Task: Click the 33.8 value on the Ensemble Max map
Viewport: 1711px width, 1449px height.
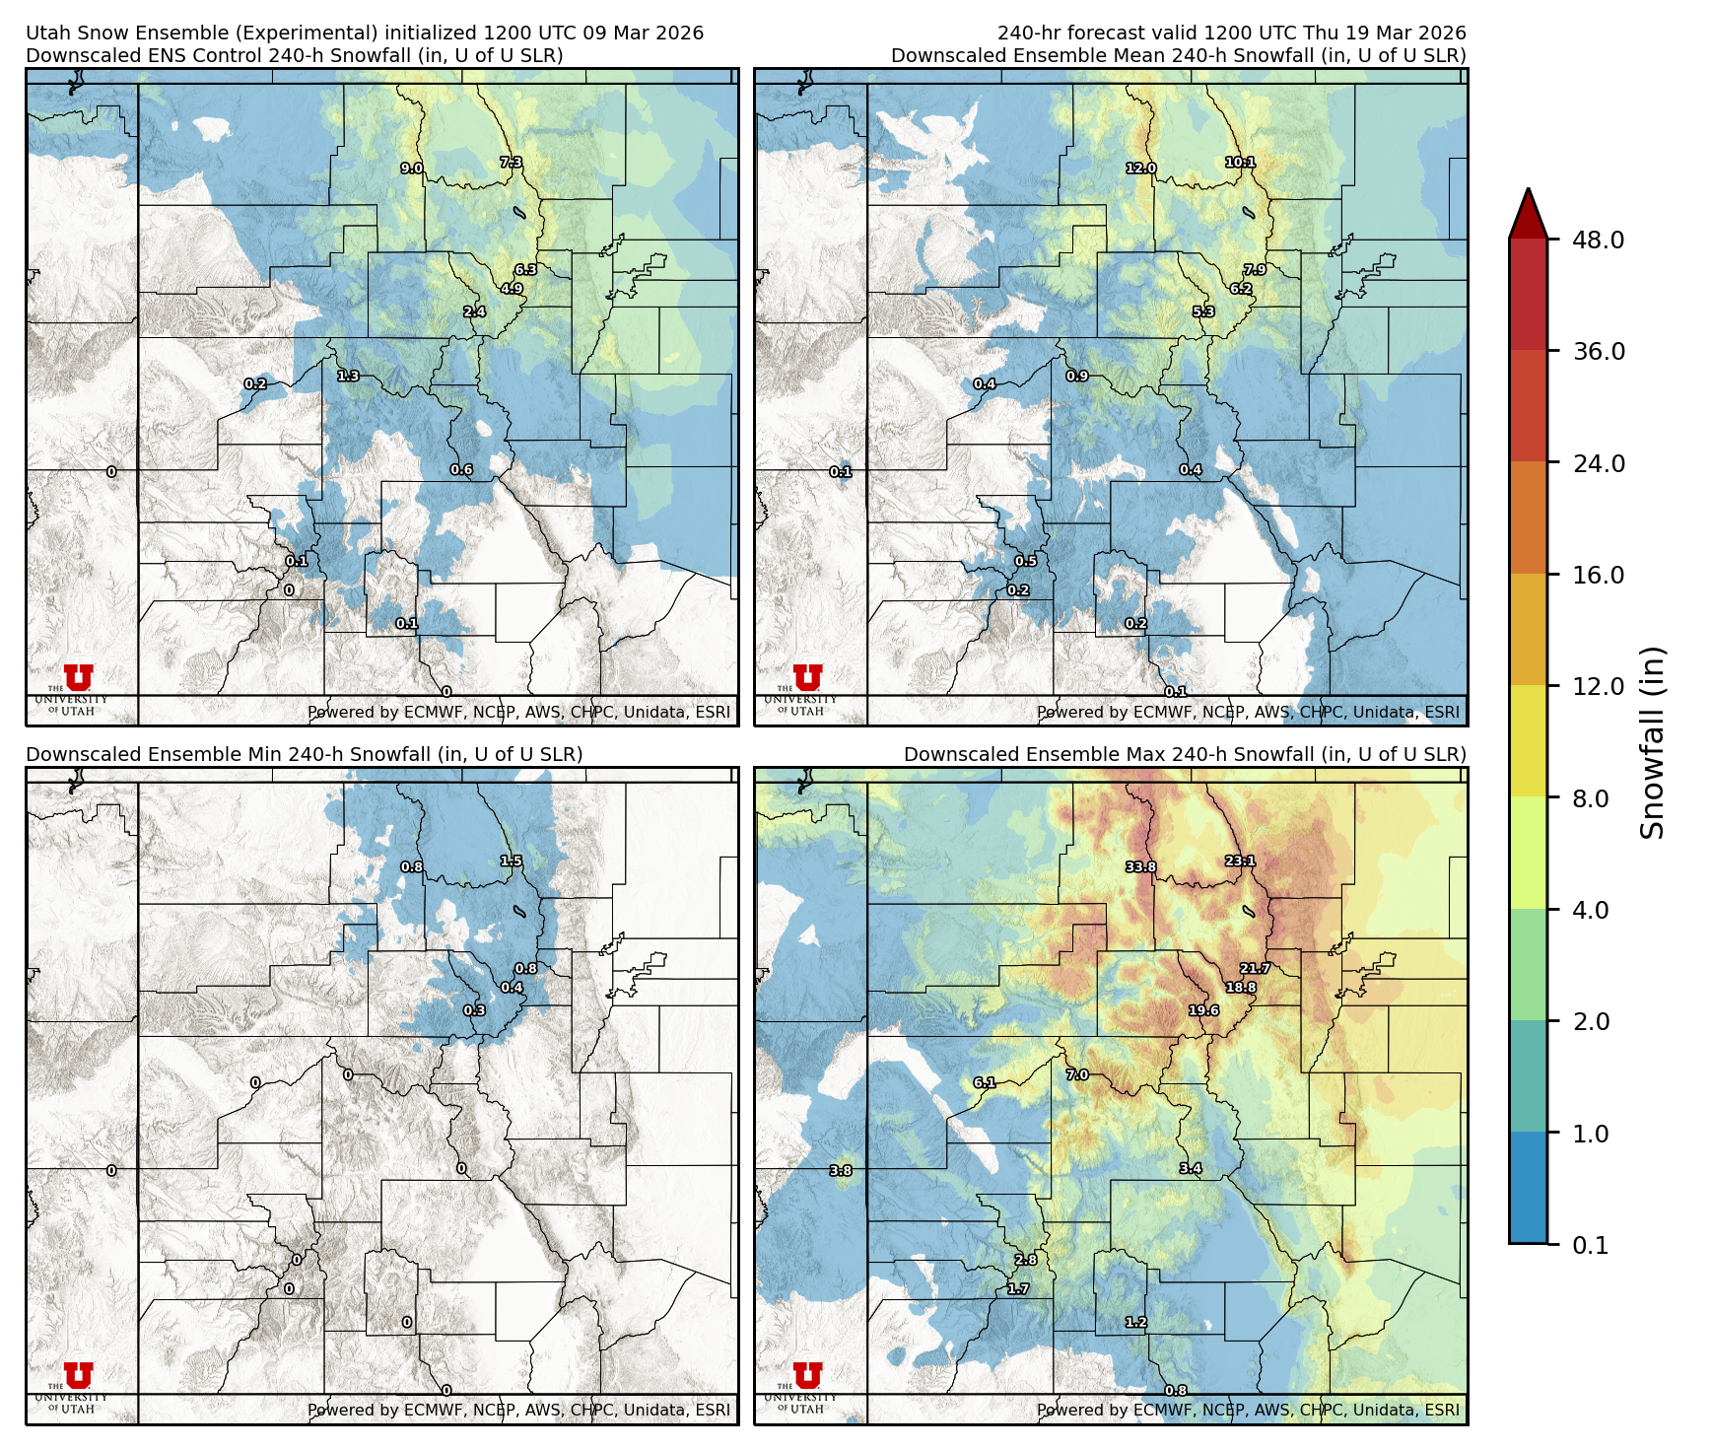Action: coord(1140,867)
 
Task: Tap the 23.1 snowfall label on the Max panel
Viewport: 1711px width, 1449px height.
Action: coord(1240,862)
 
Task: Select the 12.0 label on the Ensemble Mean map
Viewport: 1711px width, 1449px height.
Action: coord(1140,169)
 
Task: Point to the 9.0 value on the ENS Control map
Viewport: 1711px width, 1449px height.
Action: coord(411,169)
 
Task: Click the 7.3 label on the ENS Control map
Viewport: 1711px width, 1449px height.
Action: coord(511,163)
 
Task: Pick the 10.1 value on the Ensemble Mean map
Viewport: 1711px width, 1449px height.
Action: coord(1240,163)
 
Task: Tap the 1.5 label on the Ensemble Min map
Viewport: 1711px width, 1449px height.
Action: coord(511,862)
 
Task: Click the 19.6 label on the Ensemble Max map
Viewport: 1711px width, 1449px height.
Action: coord(1203,1011)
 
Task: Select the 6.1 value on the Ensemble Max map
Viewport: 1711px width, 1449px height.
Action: coord(984,1082)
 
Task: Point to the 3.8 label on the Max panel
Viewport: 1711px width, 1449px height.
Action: coord(841,1171)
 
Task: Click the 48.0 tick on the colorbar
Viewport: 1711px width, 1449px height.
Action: coord(1598,240)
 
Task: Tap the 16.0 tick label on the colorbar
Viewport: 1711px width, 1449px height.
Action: coord(1598,575)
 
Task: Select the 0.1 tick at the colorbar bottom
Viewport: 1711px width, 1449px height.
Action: coord(1590,1245)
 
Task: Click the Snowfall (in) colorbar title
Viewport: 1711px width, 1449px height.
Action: coord(1652,742)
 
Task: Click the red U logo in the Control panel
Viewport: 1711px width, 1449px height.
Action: coord(78,677)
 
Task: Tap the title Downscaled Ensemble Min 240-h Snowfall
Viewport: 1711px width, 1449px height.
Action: coord(304,754)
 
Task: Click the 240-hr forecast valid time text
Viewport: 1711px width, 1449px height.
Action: coord(1231,33)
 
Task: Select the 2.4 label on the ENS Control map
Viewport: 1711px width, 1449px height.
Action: coord(474,312)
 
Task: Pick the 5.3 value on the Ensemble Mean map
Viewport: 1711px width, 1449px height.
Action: coord(1203,312)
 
